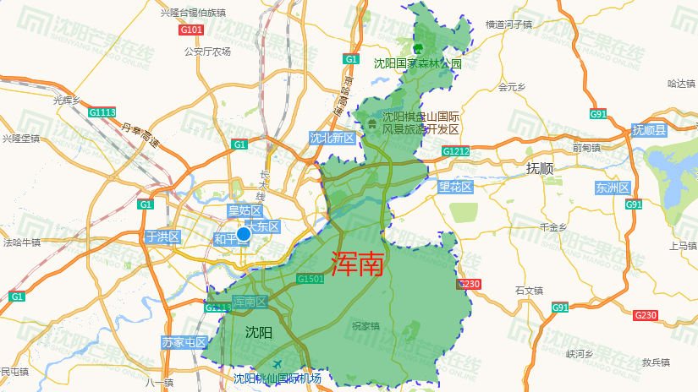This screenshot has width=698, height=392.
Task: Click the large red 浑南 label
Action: click(357, 264)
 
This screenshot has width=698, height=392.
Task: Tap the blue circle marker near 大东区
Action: click(244, 234)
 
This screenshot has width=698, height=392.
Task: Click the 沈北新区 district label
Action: click(332, 138)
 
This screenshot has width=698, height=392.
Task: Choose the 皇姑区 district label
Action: click(245, 211)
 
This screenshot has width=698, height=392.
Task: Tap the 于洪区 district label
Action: click(162, 237)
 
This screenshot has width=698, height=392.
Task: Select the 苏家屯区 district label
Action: click(184, 342)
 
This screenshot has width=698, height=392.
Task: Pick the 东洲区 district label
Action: click(613, 188)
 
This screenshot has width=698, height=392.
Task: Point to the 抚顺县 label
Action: click(649, 130)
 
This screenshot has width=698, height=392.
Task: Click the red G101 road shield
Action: click(192, 30)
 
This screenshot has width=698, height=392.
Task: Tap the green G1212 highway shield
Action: click(455, 151)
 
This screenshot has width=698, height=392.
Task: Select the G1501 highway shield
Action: click(311, 279)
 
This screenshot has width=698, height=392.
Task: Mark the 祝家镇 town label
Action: click(365, 325)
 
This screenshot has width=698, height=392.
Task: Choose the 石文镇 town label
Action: click(529, 291)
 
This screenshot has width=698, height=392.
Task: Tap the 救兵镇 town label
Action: click(656, 362)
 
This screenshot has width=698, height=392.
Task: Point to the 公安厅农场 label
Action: click(207, 52)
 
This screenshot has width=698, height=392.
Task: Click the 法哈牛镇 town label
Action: click(22, 242)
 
